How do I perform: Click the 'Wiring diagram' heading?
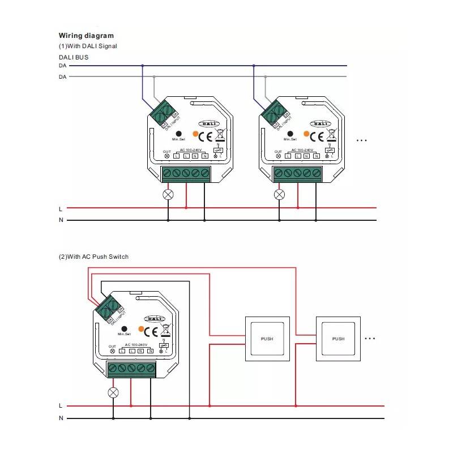(x=86, y=36)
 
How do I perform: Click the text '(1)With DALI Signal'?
(x=88, y=46)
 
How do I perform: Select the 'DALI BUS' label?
(x=74, y=57)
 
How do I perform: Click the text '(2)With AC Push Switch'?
(x=93, y=257)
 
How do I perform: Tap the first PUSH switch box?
(x=267, y=339)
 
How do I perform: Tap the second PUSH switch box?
(x=338, y=339)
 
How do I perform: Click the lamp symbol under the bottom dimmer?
(x=114, y=392)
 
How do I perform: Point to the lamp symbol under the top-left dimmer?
(x=168, y=194)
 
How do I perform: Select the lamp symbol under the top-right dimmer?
(x=279, y=194)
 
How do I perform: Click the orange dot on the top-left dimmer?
(x=196, y=134)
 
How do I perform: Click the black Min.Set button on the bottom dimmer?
(x=124, y=328)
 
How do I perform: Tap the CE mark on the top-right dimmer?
(x=318, y=136)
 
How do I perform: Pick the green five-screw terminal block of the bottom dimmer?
(x=131, y=369)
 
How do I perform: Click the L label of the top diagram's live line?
(x=61, y=208)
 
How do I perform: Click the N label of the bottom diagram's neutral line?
(x=61, y=418)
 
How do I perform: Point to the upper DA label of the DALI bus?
(x=62, y=66)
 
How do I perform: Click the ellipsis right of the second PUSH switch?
(x=370, y=339)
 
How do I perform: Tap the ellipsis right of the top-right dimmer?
(x=362, y=139)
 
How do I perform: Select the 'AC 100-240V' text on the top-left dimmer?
(x=190, y=150)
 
